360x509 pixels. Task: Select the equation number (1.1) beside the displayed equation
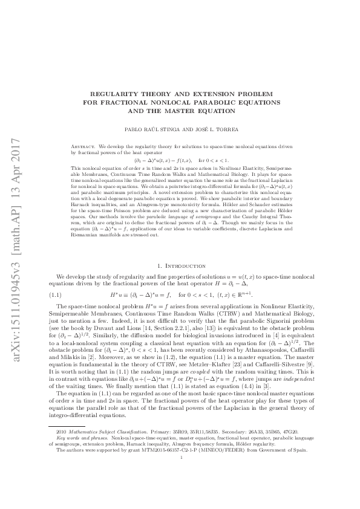(54, 277)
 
